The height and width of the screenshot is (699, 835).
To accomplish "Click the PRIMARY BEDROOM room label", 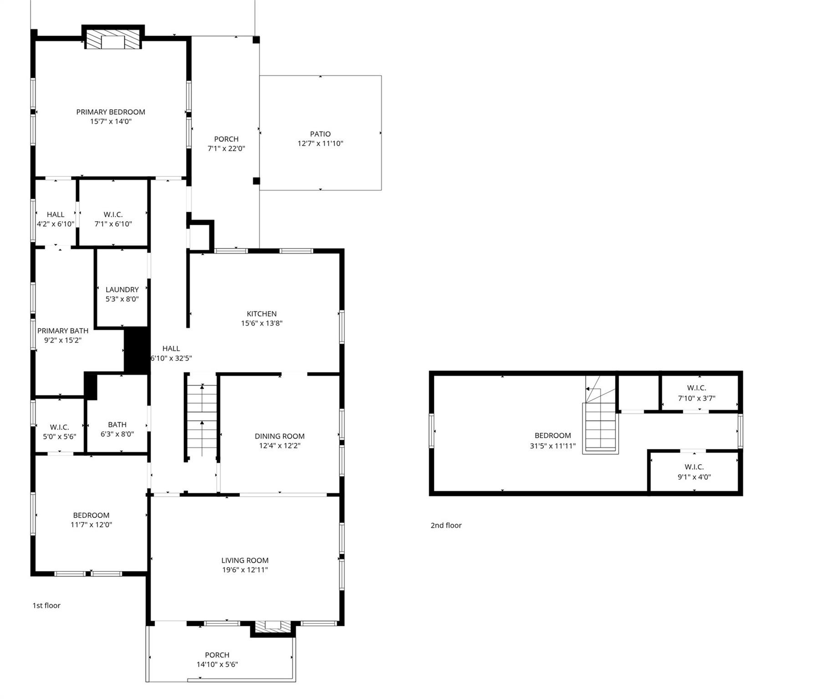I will pos(111,112).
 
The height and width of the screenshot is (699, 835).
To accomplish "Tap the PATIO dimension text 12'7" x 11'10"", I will pos(320,143).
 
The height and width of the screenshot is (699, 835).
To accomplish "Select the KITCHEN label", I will pos(261,314).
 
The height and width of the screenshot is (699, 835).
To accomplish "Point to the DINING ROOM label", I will pos(279,436).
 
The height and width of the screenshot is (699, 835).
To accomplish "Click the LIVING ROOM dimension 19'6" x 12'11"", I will pos(245,570).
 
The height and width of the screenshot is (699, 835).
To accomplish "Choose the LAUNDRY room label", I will pos(122,290).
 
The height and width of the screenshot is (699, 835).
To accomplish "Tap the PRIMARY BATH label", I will pos(63,331).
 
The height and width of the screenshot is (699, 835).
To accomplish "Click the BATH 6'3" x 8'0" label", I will pos(117,429).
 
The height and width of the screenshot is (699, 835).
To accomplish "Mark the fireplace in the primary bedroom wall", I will pos(113,41).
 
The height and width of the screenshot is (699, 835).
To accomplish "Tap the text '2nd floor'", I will pos(446,525).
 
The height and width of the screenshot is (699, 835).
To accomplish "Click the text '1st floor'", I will pos(46,605).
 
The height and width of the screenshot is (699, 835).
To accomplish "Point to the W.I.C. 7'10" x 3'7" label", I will pos(696,393).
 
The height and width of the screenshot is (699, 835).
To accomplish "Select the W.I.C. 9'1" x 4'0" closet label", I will pos(694,472).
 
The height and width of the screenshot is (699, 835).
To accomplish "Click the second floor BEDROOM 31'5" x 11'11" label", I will pos(553,441).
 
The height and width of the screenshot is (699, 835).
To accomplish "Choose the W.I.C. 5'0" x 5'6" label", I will pos(60,431).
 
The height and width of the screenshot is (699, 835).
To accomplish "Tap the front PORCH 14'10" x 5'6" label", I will pos(217,659).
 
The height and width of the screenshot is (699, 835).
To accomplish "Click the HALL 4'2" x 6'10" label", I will pos(56,219).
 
